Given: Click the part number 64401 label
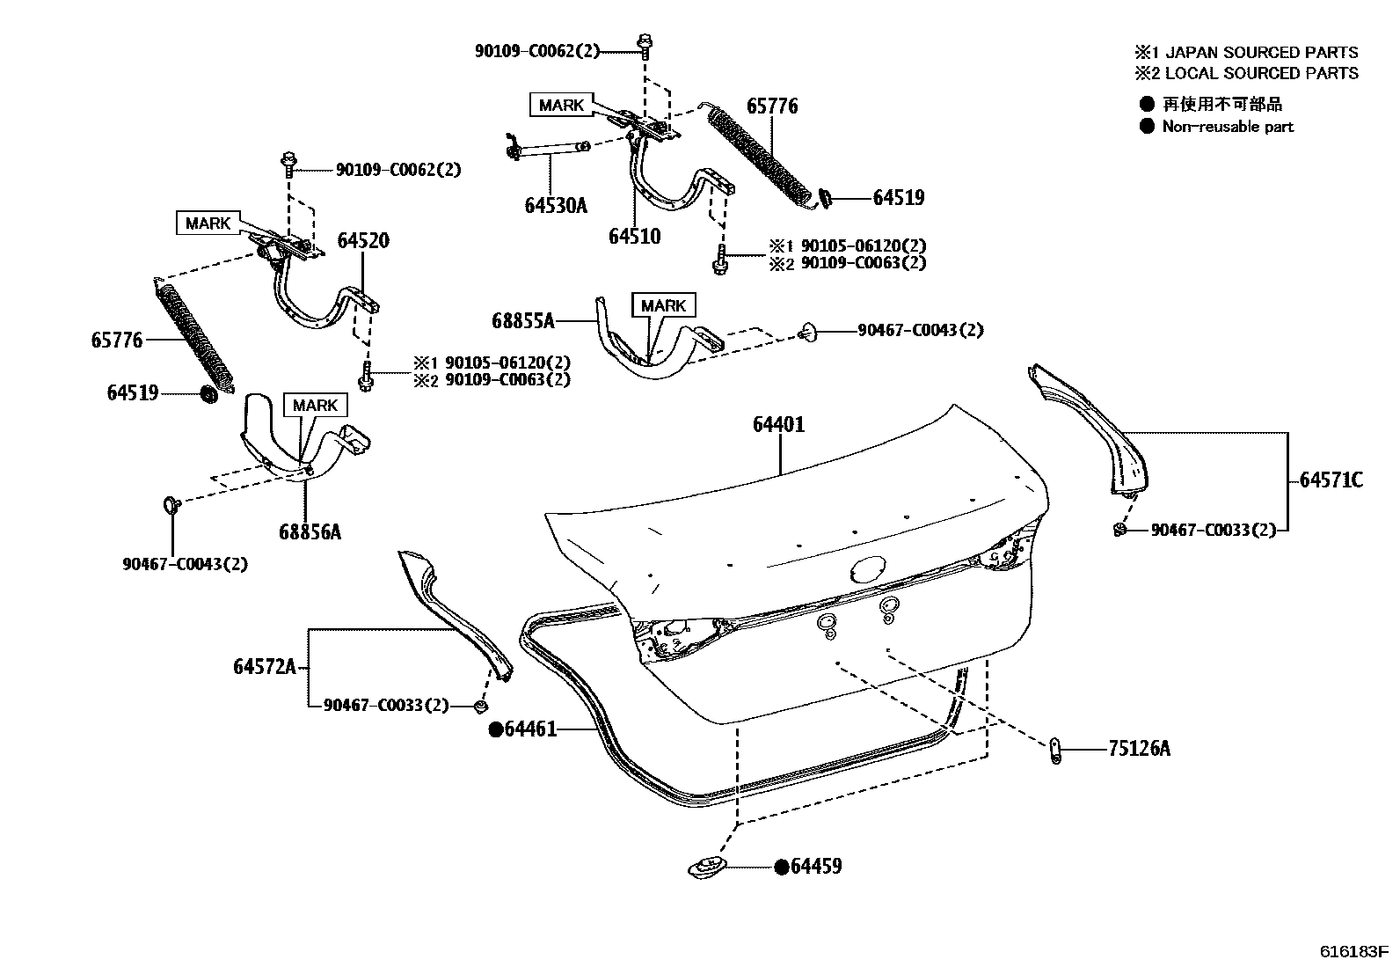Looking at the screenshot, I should pos(778,424).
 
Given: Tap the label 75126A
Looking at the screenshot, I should pos(1139,749).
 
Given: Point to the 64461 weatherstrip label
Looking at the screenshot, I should pos(529,729).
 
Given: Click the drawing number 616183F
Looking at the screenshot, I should pos(1353,951).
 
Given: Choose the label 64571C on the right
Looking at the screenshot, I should pos(1331,480).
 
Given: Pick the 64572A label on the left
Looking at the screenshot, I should pos(264,667).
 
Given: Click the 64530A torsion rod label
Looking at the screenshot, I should pos(555,205).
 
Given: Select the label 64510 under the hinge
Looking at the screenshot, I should pos(634,236).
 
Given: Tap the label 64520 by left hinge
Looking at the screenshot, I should pos(363,240).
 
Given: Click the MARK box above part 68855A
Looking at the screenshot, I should pos(663,305).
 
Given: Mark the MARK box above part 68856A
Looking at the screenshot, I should pos(315,405).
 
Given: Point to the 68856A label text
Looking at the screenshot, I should pos(310,531).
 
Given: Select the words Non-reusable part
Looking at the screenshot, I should pos(1228,127).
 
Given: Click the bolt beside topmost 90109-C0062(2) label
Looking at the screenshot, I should pos(644,43).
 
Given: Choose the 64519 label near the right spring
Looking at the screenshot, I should pos(898,198).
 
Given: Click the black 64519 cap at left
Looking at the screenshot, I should pos(209,393).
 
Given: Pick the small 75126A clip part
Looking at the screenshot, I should pos(1055,751).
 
